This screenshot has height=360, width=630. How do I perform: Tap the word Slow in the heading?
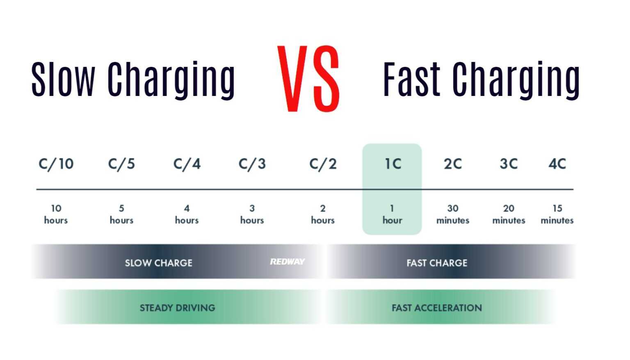[x=63, y=80]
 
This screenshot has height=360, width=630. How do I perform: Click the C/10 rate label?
[x=56, y=164]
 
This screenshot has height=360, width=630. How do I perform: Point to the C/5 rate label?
[x=121, y=164]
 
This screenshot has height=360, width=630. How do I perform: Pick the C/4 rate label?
[x=187, y=164]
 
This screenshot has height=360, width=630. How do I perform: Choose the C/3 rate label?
[x=252, y=164]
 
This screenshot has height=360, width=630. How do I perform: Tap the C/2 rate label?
[x=323, y=164]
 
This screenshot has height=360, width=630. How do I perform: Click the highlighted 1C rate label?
[x=393, y=164]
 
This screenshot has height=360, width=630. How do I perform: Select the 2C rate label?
[x=453, y=164]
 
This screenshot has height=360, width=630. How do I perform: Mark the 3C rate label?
[x=509, y=164]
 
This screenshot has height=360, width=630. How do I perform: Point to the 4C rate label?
[x=557, y=164]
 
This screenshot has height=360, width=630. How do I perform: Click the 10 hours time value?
[x=56, y=214]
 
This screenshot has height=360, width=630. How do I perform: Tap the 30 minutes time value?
[x=453, y=214]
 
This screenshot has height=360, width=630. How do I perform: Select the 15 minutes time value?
[x=557, y=214]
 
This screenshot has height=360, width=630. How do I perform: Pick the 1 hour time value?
[x=392, y=214]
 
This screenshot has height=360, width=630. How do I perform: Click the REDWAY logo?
[x=287, y=262]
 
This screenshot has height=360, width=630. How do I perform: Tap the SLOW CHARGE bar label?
[x=159, y=263]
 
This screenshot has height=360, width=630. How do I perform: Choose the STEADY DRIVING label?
[x=177, y=308]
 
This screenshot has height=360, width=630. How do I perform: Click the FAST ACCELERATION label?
[x=437, y=308]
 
